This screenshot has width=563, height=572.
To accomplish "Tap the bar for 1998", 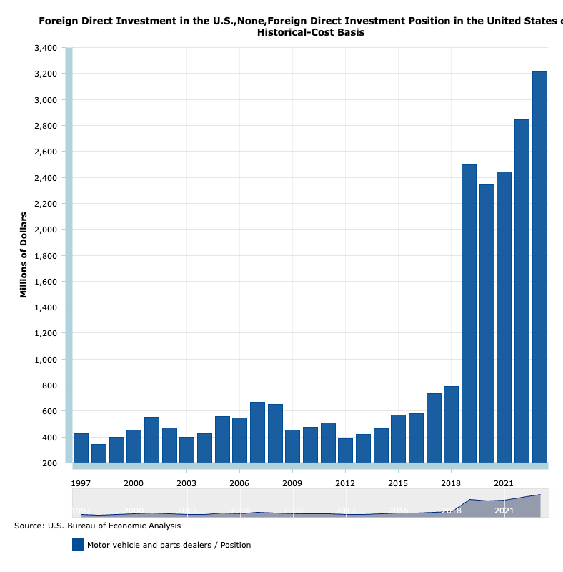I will pos(99,453).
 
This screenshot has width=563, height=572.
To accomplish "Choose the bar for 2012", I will pos(345,450).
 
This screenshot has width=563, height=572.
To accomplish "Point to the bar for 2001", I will pos(151,440).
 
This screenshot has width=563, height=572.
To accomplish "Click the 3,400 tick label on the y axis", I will pos(45,48).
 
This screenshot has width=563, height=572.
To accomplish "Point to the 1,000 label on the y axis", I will pos(45,360).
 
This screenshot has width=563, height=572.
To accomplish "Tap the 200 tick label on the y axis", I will pos(49,463).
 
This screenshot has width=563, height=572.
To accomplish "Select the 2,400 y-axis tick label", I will pos(45,178).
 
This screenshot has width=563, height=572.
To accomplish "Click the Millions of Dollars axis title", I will pos(24,255).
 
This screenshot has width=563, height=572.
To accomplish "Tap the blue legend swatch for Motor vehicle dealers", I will pos(78,545).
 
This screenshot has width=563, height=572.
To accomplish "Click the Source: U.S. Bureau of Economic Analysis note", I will pos(97,526).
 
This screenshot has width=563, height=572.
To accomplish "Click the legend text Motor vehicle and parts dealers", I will pos(169,545).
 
